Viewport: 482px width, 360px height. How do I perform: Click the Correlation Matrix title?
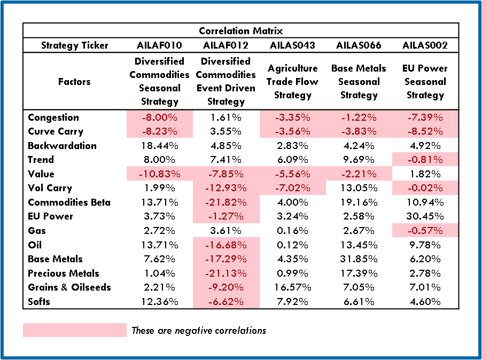[x=240, y=31]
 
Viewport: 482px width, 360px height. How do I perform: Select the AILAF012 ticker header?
[x=226, y=45]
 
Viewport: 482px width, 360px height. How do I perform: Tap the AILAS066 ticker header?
[x=359, y=45]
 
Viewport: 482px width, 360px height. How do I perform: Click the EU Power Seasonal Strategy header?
[x=425, y=82]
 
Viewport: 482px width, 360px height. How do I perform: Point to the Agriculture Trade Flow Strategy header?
[x=293, y=82]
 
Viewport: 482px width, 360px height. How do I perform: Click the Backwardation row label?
[x=62, y=146]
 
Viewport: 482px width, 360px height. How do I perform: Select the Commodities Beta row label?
[x=69, y=202]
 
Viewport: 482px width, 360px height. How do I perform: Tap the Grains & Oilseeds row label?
[x=69, y=287]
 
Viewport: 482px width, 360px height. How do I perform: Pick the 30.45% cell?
[x=425, y=216]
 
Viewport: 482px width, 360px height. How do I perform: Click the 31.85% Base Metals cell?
[x=359, y=259]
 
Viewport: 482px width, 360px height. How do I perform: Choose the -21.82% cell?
[x=226, y=202]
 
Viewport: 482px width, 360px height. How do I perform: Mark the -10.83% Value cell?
[x=160, y=174]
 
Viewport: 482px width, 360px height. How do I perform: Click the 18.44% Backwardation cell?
[x=160, y=146]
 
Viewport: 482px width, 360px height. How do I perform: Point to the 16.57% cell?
[x=293, y=287]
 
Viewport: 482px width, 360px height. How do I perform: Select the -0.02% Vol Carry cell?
[x=425, y=188]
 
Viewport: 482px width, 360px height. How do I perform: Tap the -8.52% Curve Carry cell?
[x=425, y=131]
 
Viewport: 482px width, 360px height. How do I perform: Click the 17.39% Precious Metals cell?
[x=359, y=273]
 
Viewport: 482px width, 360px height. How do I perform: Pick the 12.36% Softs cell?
[x=160, y=302]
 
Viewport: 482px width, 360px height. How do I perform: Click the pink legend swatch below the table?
[x=74, y=330]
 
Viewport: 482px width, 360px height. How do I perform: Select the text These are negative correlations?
[x=199, y=331]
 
